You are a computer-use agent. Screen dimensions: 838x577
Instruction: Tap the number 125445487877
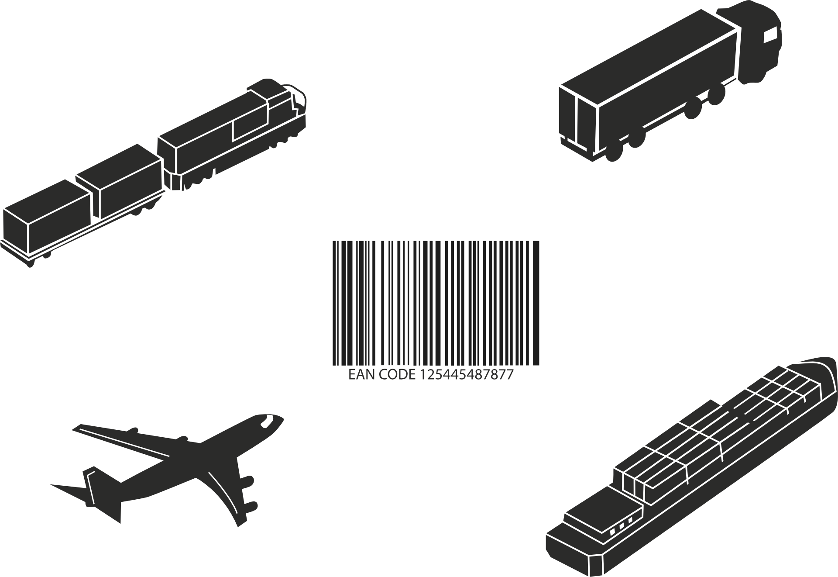467,375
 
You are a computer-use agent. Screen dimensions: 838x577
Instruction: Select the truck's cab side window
770,34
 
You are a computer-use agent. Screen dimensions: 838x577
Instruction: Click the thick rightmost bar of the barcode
536,303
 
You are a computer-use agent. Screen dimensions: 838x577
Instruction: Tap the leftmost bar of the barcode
334,303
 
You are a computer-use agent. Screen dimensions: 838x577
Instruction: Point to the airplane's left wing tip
75,427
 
